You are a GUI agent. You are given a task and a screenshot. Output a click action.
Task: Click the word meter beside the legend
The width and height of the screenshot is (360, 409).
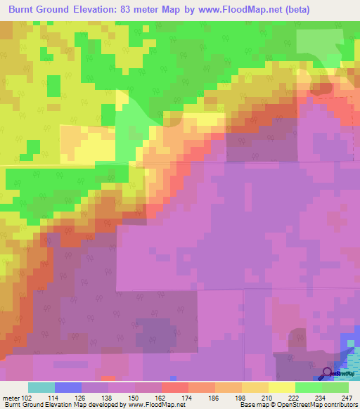[11, 397]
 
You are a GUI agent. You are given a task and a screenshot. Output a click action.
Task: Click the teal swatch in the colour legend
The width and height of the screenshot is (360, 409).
[41, 387]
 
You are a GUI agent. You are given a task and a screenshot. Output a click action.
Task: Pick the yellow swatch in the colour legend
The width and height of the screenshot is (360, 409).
[282, 387]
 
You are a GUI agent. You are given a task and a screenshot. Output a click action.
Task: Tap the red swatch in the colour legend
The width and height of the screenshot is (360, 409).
[175, 387]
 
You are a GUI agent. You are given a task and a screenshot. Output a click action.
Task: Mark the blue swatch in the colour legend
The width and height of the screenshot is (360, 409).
[68, 387]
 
